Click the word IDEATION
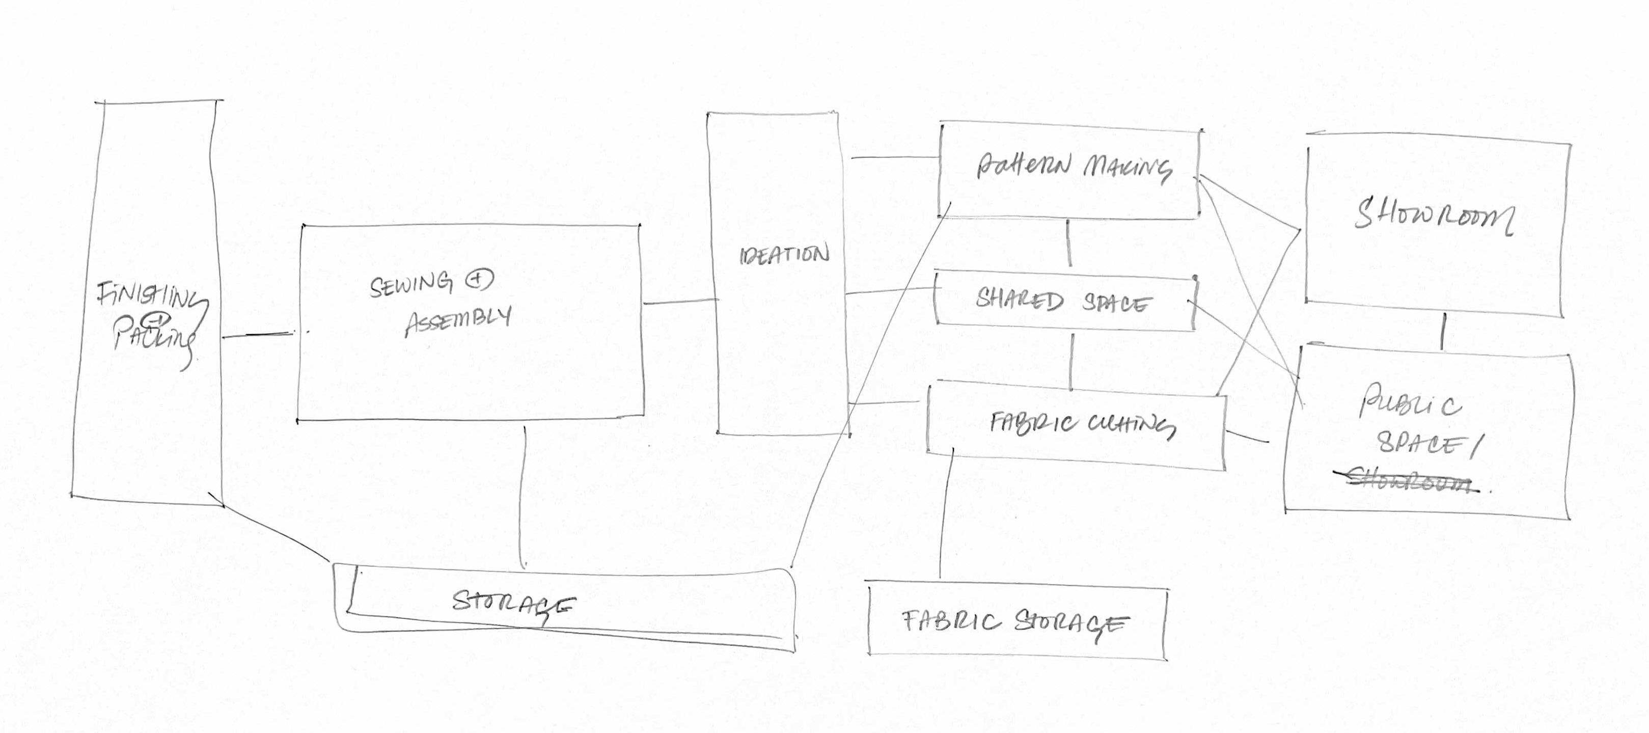coord(784,255)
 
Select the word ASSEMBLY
coord(458,320)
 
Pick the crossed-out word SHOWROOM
coord(1408,481)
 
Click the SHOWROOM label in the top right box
coord(1434,216)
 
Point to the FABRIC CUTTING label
coord(1082,424)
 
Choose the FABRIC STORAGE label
coord(1014,622)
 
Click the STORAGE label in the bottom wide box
coord(512,604)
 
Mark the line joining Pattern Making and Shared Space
coord(1069,243)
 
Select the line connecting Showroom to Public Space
coord(1442,332)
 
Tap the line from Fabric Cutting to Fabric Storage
coord(946,512)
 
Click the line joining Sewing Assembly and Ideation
coord(680,302)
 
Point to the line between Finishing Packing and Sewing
coord(256,334)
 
